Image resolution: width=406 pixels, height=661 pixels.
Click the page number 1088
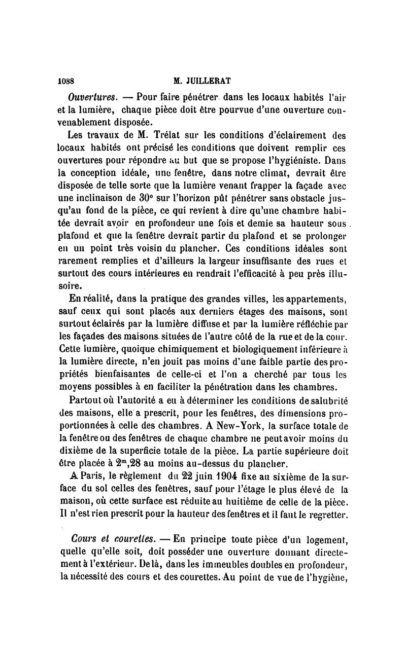point(66,80)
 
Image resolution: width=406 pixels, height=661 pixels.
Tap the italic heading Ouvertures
point(93,96)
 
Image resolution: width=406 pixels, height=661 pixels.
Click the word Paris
point(88,477)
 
